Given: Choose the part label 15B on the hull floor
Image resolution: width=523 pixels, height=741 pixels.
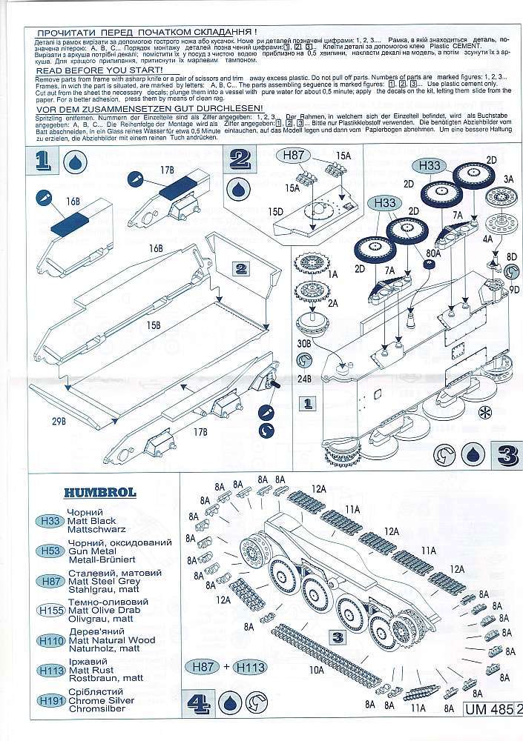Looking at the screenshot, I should (154, 325).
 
